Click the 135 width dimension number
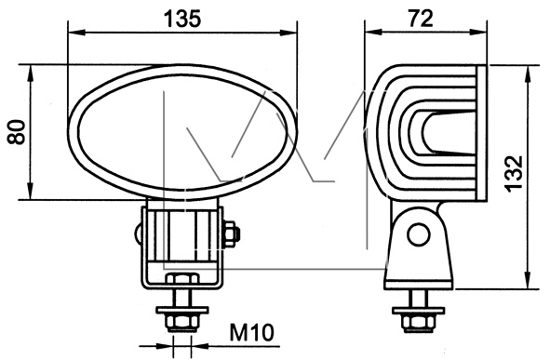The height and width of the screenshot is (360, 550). coord(182,19)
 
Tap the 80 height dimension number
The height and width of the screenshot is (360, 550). coord(17,132)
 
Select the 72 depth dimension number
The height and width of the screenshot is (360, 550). coord(421,19)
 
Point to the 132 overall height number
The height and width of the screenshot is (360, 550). coord(514,174)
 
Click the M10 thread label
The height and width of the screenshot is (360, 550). coord(251,332)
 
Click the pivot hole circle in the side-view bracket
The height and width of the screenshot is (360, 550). coord(419,234)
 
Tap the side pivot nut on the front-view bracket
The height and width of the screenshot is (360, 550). coord(231,233)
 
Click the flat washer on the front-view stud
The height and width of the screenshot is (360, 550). coord(182,310)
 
